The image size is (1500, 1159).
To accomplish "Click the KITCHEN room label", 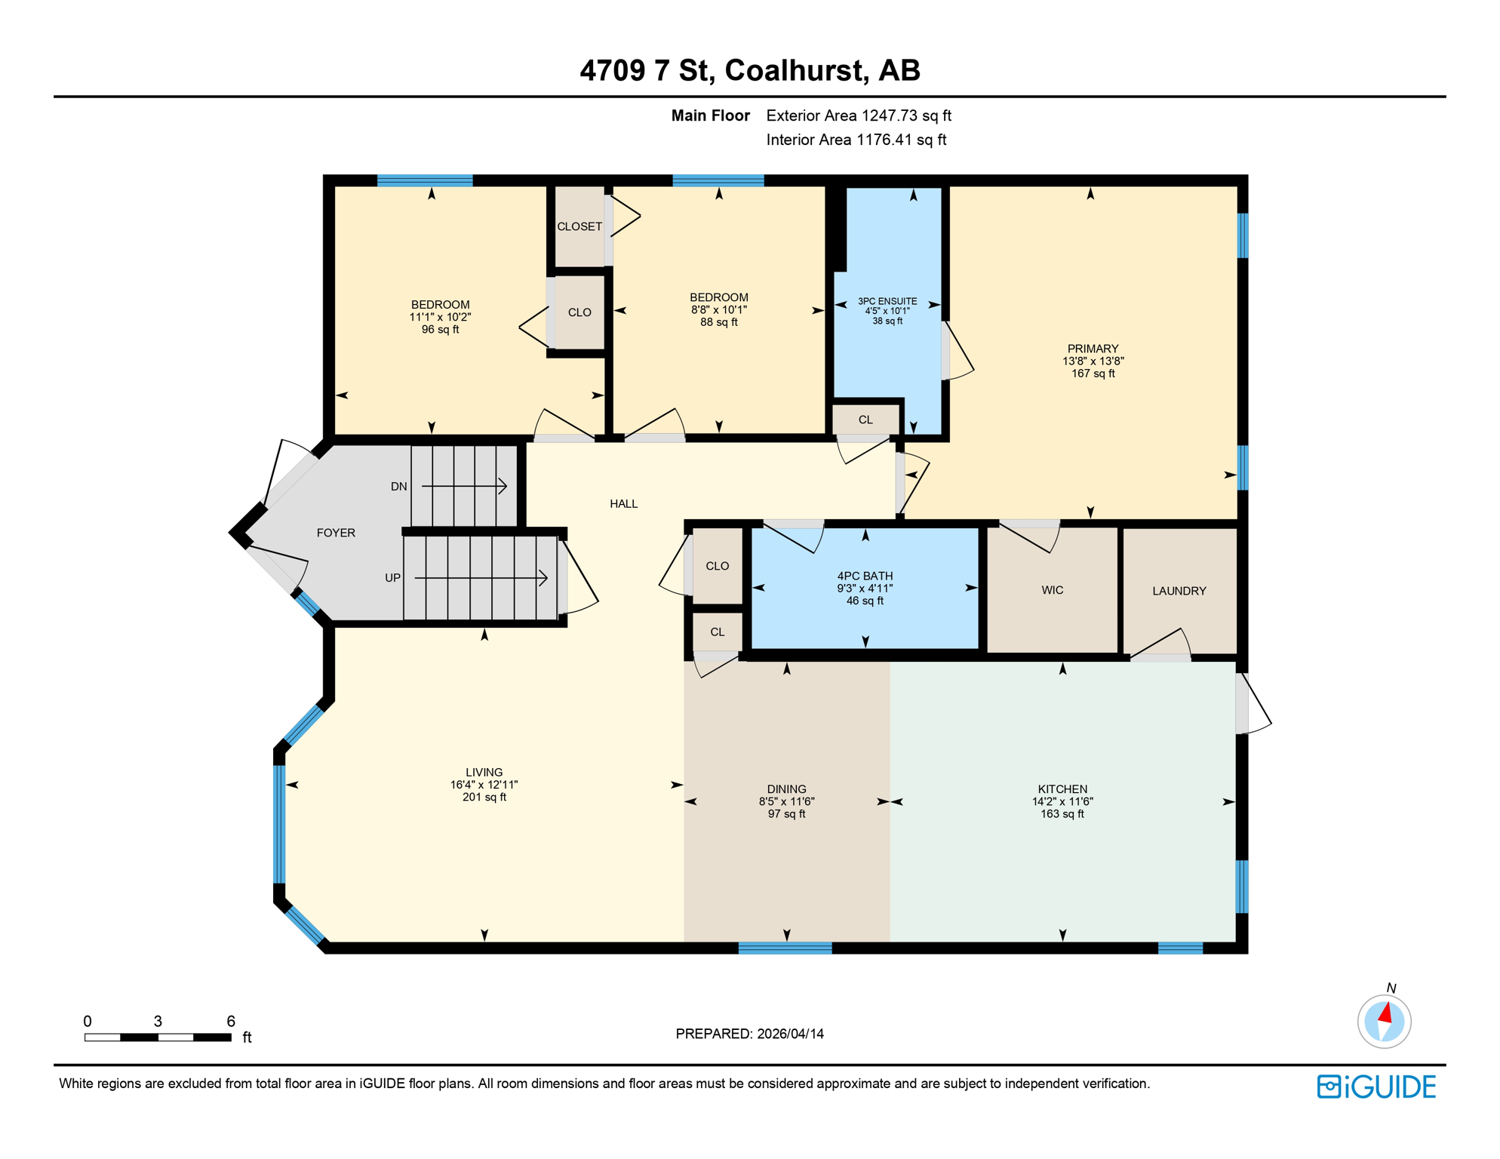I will pos(1062,789).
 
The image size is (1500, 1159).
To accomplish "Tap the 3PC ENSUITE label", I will pos(887,301).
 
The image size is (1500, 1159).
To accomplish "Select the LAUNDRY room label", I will pos(1179,591).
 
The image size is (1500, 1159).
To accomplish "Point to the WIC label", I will pos(1052,590).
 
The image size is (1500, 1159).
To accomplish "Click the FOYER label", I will pos(336,533).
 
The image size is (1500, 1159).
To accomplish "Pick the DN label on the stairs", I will pos(399,487).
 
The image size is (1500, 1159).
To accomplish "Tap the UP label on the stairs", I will pos(392,578).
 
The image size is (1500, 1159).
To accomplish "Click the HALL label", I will pos(623,504).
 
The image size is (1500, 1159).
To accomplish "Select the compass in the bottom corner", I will pos(1384,1021).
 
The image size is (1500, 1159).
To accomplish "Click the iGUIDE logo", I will pos(1376,1087).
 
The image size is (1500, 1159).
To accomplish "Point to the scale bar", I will pos(158,1038).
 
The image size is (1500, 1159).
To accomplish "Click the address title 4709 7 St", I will pos(749,70).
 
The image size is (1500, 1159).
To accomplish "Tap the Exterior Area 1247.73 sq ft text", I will pos(859,115).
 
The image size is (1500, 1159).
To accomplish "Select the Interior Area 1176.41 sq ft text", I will pos(856,140).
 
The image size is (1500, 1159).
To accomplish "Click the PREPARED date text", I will pos(749,1034).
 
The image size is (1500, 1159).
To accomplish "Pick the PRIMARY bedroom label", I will pos(1093,349).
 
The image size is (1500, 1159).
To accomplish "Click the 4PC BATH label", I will pos(865,576).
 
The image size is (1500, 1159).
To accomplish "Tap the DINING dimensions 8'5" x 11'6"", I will pos(786,801).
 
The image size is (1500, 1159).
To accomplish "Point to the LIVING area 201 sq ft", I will pos(484,798).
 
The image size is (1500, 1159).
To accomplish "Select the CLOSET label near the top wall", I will pos(579,226).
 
